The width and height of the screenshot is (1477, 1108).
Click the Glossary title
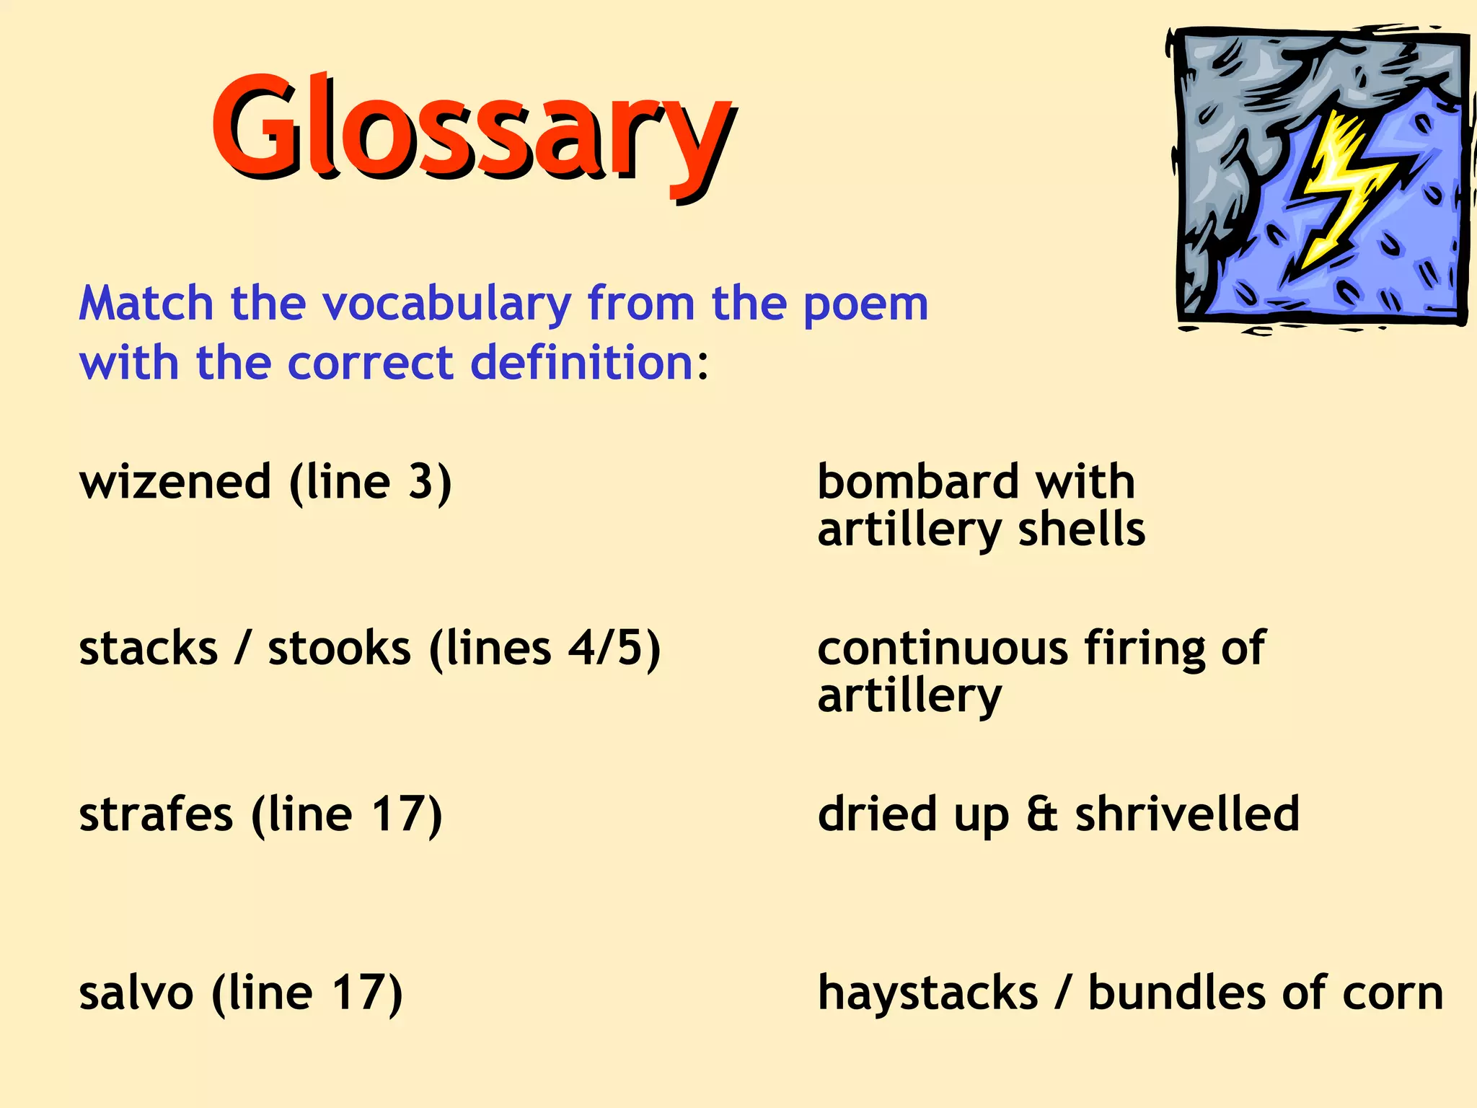coord(472,130)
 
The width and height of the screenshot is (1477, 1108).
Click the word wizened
coord(175,482)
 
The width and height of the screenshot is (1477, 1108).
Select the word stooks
coord(339,648)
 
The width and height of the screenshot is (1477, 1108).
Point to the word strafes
coord(156,814)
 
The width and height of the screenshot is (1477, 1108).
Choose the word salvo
coord(136,993)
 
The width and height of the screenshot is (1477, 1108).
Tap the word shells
coord(1081,529)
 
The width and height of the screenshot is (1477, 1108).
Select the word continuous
coord(942,648)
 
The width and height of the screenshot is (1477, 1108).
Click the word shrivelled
coord(1187,814)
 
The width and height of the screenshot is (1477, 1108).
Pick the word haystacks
coord(927,993)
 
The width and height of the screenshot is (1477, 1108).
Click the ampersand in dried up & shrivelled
coord(1041,814)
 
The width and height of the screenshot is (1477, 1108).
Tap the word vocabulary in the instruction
coord(446,304)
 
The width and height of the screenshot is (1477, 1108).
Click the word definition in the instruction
coord(581,362)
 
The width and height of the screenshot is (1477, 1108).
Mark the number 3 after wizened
coord(422,482)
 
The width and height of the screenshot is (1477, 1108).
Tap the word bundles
coord(1176,993)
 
